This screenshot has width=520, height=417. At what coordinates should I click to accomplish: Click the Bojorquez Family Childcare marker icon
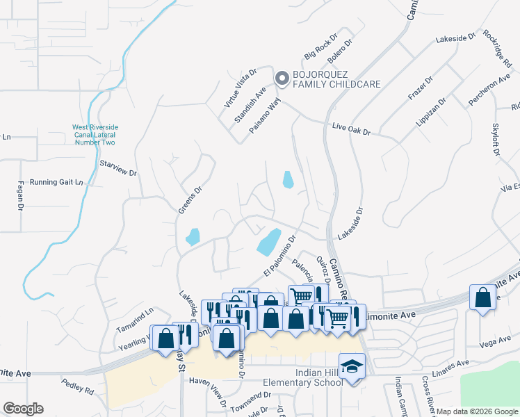pyautogui.click(x=282, y=79)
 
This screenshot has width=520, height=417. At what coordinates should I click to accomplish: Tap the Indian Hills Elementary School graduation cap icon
pyautogui.click(x=352, y=365)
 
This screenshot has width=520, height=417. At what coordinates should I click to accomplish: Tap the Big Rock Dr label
pyautogui.click(x=320, y=46)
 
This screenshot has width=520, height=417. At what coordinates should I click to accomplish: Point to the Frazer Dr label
pyautogui.click(x=420, y=88)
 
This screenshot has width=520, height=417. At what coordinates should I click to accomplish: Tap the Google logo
pyautogui.click(x=23, y=409)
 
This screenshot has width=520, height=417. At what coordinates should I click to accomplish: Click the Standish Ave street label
pyautogui.click(x=250, y=104)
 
